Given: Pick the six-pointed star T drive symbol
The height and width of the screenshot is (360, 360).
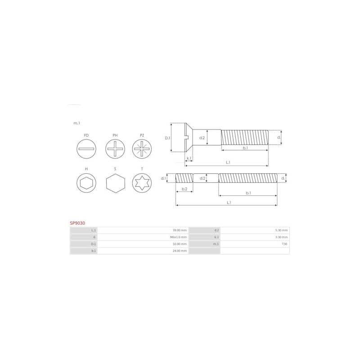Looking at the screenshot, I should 142,183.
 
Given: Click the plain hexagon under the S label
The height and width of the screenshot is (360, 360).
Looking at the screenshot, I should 115,183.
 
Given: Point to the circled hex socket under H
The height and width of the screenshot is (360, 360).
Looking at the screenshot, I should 86,183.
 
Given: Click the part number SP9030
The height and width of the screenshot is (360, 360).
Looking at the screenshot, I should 77,223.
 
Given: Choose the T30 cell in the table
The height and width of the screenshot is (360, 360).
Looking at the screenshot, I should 284,244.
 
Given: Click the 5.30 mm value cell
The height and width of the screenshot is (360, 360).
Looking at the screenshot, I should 281,230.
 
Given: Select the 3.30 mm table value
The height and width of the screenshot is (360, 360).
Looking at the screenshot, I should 281,237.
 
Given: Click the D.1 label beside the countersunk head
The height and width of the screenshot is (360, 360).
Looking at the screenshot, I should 167,138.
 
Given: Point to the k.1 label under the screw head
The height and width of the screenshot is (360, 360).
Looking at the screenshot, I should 189,158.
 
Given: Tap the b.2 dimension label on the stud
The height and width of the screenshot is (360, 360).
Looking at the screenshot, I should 184,189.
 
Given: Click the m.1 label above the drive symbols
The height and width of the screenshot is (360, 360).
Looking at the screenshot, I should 77,123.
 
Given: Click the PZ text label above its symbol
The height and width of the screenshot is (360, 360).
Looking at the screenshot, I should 142,135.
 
